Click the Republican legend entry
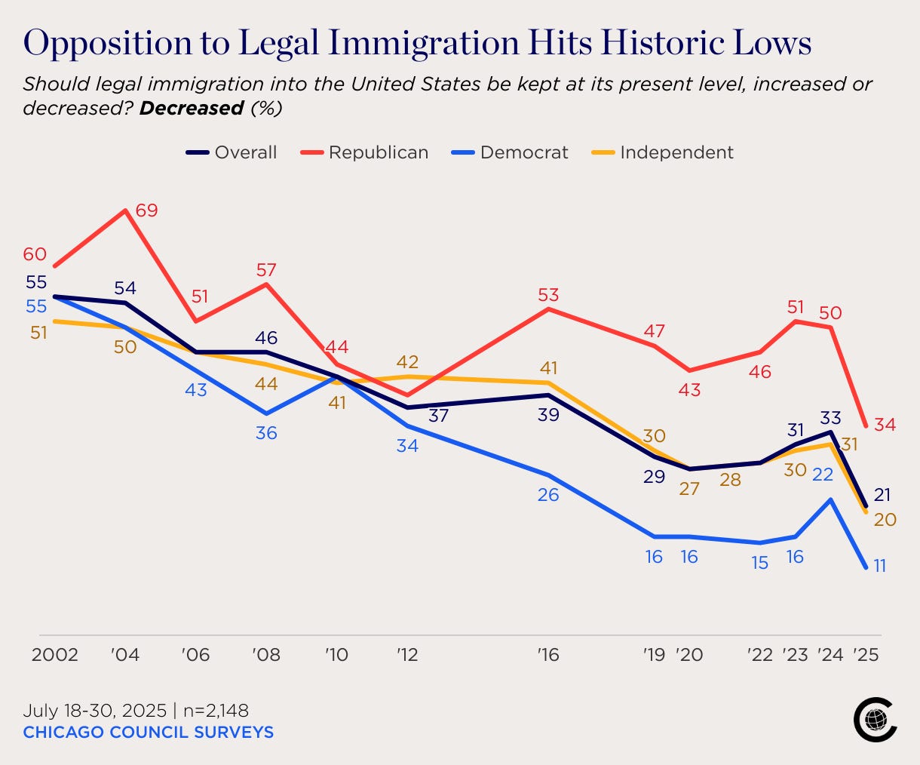(x=364, y=152)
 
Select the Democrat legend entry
(x=509, y=152)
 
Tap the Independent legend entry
(x=662, y=152)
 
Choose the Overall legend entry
(x=231, y=152)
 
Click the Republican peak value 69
(x=146, y=210)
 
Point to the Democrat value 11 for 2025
(x=879, y=566)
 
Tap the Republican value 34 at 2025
(x=885, y=425)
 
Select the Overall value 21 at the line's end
(x=882, y=495)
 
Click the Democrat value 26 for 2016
(x=548, y=495)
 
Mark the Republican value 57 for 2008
(x=266, y=270)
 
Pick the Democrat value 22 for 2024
(x=822, y=475)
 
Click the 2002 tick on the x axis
(x=54, y=655)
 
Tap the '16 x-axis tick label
(x=548, y=655)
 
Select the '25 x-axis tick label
(x=866, y=655)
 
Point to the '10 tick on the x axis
(x=336, y=655)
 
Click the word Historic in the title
(x=663, y=43)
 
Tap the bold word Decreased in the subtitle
(x=192, y=108)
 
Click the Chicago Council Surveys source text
(x=148, y=733)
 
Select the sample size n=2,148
(x=216, y=711)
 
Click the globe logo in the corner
(x=876, y=720)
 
